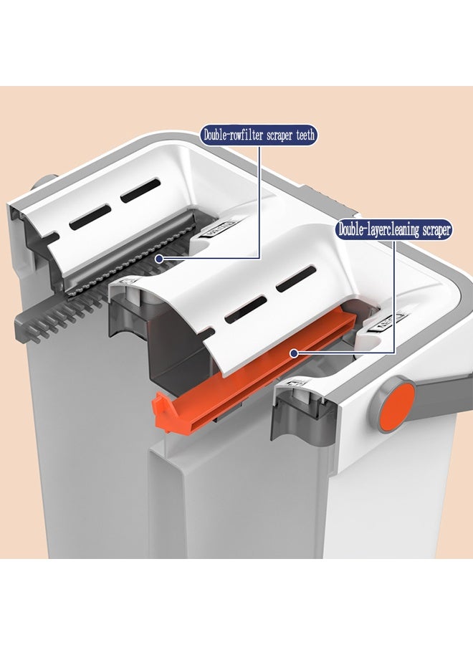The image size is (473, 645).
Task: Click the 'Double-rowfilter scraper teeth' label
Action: click(x=259, y=134)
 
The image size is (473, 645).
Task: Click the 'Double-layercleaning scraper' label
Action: click(x=393, y=230)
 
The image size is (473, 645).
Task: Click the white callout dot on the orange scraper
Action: click(x=293, y=353)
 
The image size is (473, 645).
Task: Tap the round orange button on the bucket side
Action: click(x=391, y=407)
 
